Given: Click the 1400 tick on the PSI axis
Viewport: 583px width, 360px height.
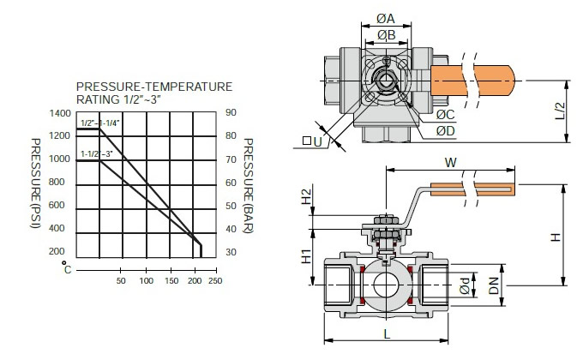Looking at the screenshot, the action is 60,113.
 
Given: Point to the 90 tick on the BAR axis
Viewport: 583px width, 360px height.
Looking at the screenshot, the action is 231,112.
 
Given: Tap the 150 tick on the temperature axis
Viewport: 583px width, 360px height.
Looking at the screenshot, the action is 171,280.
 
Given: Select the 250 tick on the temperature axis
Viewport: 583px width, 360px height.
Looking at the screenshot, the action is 215,280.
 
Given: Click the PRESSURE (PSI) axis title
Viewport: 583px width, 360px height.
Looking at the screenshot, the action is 35,183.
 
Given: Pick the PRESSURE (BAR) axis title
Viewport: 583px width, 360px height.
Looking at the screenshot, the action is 248,186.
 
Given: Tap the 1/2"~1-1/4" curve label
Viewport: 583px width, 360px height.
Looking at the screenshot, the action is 100,123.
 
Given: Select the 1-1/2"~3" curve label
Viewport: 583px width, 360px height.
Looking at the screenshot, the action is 97,153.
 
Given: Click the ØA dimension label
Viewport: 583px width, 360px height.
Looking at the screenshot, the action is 386,18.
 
